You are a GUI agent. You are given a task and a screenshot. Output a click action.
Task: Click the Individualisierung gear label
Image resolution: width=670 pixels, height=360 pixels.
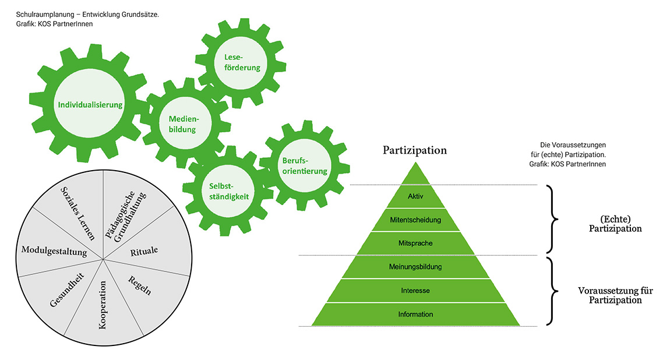point(90,105)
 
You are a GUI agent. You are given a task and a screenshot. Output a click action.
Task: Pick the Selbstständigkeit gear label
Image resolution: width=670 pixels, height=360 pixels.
point(229,191)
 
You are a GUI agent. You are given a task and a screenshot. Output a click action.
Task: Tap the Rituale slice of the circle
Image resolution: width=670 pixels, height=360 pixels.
point(142,252)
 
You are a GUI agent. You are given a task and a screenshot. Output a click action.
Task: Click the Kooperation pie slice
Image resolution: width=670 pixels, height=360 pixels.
point(103,306)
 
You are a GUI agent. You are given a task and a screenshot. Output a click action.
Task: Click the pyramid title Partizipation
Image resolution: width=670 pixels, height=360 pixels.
point(415,150)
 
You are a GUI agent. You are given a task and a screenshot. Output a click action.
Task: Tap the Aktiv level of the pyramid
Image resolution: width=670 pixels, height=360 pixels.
point(415,196)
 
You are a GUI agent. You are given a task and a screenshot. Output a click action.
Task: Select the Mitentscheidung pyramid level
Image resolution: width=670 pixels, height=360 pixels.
point(415,220)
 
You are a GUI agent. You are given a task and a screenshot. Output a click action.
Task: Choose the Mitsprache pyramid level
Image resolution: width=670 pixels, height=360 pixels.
point(415,243)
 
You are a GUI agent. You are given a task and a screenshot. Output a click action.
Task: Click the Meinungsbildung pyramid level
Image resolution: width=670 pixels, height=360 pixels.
point(415,267)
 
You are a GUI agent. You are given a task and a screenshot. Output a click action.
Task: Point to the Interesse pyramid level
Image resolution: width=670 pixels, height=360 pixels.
point(415,291)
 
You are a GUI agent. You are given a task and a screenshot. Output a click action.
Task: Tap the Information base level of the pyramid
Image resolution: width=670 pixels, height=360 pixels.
point(415,315)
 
